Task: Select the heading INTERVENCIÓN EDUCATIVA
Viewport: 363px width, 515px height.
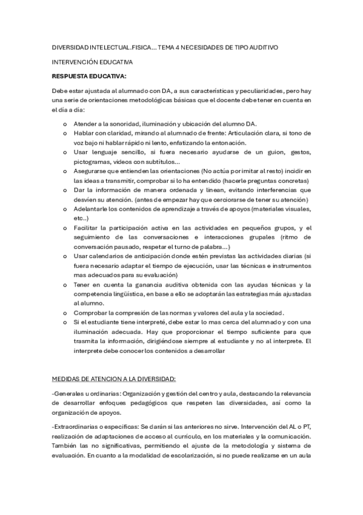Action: click(92, 62)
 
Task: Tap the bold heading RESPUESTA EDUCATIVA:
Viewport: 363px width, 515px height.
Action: click(89, 76)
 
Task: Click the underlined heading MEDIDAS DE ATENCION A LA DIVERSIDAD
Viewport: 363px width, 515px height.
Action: click(114, 379)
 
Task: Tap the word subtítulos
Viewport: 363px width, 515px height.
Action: click(162, 162)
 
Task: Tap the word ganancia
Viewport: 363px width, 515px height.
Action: click(159, 284)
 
